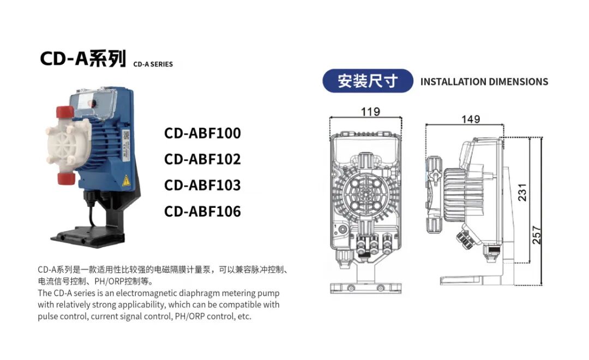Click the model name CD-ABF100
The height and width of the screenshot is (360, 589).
coord(202,133)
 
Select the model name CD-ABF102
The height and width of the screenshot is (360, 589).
coord(202,159)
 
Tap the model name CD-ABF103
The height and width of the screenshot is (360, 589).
coord(202,185)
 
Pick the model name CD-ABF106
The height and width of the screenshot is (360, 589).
coord(202,211)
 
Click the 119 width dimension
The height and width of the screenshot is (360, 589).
coord(370,112)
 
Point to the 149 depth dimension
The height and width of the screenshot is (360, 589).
coord(471,119)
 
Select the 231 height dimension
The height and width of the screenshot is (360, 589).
coord(522,193)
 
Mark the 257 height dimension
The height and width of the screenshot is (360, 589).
coord(537,235)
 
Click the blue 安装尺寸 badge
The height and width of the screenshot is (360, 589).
coord(368,81)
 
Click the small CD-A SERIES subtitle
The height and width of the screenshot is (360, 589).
coord(153,64)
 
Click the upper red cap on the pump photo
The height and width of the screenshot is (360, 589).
coord(65,112)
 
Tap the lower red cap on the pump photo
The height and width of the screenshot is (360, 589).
coord(66,178)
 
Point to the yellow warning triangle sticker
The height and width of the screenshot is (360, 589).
coord(126,181)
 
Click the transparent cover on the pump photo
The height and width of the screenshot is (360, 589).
coord(94,102)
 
